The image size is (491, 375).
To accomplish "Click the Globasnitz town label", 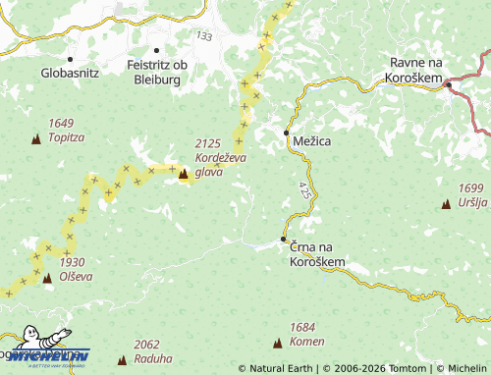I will pyautogui.click(x=71, y=73).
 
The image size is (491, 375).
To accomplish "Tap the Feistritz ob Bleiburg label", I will pyautogui.click(x=154, y=72).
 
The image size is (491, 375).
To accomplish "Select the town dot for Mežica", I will pyautogui.click(x=287, y=132).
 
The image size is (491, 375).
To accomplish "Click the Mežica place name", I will pyautogui.click(x=312, y=142).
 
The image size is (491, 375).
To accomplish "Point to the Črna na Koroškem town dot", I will pyautogui.click(x=283, y=239).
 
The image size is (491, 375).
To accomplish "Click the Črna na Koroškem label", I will pyautogui.click(x=318, y=255).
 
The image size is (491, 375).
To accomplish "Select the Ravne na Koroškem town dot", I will pyautogui.click(x=447, y=85).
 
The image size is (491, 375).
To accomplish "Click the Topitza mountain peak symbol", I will pyautogui.click(x=37, y=139).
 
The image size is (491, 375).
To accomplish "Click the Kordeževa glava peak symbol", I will pyautogui.click(x=183, y=175).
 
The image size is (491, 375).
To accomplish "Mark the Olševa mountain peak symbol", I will pyautogui.click(x=47, y=278).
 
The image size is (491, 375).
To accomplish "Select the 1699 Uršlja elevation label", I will pyautogui.click(x=472, y=195).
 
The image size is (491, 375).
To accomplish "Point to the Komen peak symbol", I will pyautogui.click(x=277, y=342).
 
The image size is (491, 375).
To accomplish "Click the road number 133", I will pyautogui.click(x=203, y=35).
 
